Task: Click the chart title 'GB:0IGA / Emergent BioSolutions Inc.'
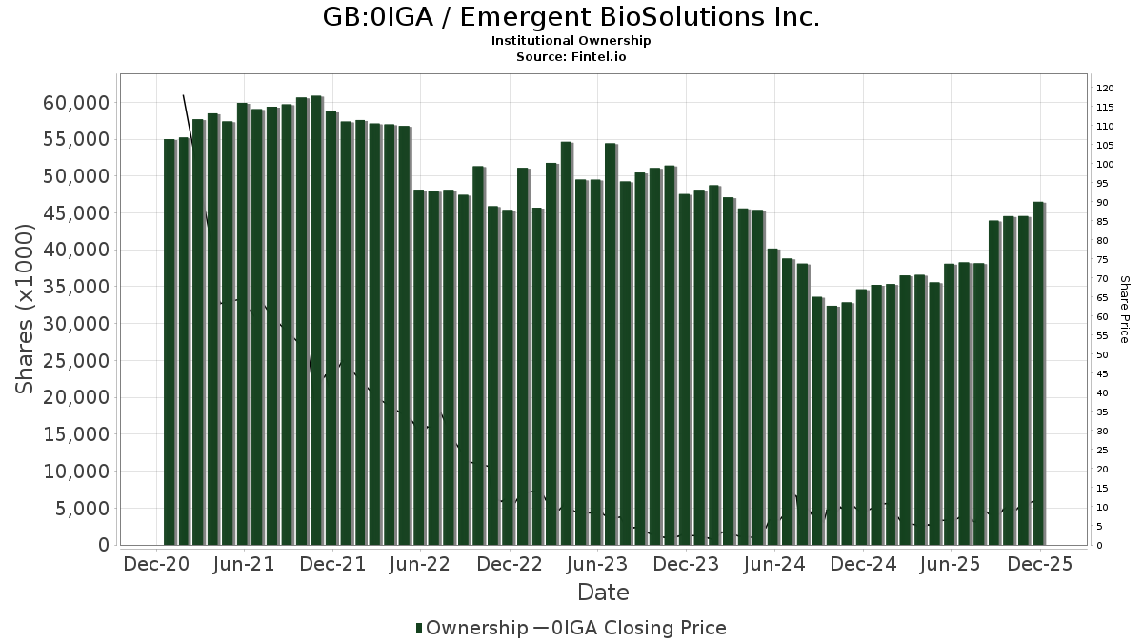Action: (x=571, y=17)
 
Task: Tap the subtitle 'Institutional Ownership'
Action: (x=571, y=41)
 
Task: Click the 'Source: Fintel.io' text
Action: (x=571, y=57)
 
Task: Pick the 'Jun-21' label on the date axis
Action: (x=245, y=564)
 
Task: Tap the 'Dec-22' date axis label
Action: (x=510, y=564)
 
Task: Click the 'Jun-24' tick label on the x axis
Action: (x=774, y=564)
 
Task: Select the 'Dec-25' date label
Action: (x=1039, y=564)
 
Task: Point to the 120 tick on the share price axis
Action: (x=1105, y=88)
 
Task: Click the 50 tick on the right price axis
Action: (x=1102, y=354)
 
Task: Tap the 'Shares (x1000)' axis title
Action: (x=27, y=309)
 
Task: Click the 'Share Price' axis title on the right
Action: (x=1124, y=309)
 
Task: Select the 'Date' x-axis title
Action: (x=603, y=593)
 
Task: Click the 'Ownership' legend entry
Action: (x=471, y=628)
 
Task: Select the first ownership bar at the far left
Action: (x=170, y=342)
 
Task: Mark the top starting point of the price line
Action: (x=183, y=95)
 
